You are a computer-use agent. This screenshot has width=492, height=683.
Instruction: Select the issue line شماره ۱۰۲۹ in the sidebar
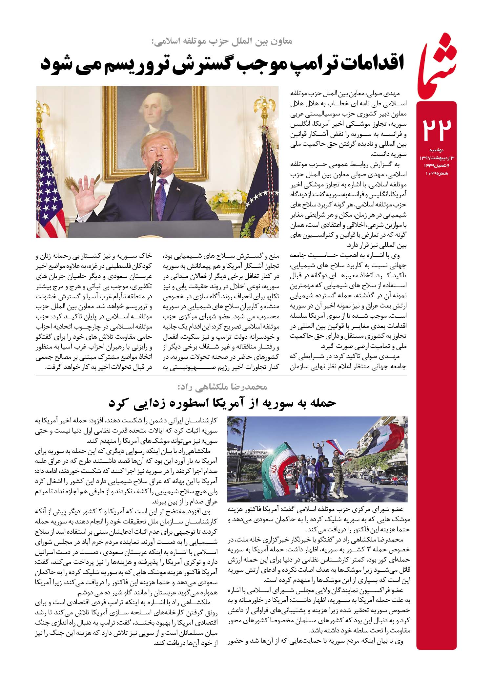[x=436, y=173]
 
